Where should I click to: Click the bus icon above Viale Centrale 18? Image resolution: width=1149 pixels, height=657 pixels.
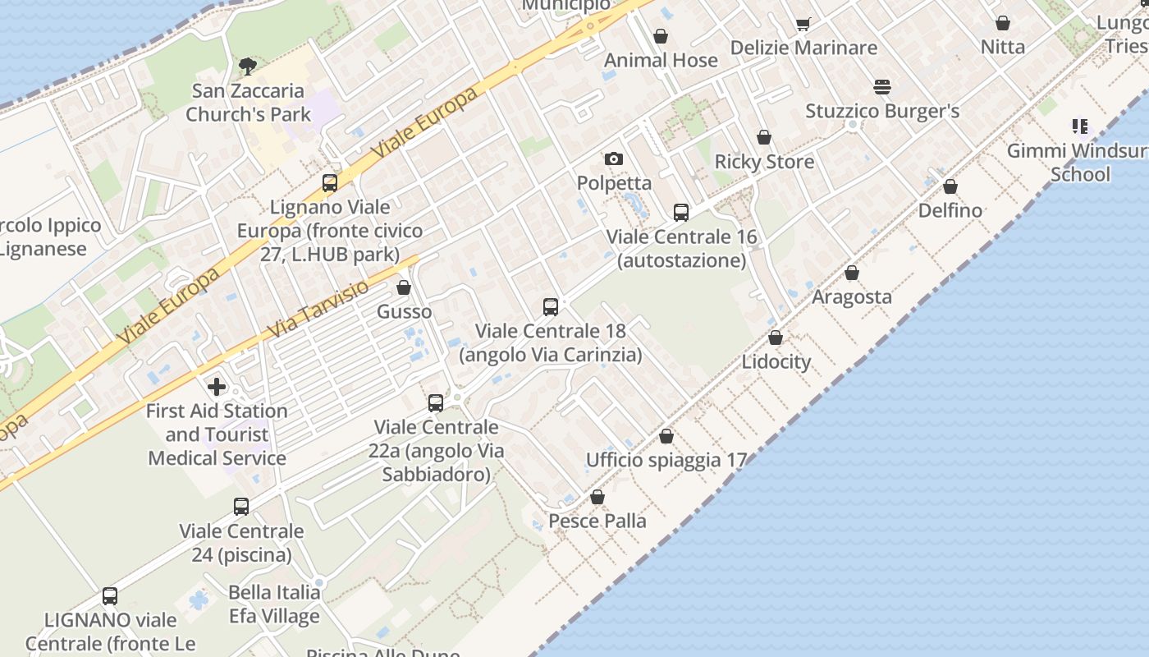coord(551,307)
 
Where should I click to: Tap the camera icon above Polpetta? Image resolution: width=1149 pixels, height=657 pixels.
coord(613,159)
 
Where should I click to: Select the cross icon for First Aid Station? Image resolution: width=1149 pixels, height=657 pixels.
coord(217,386)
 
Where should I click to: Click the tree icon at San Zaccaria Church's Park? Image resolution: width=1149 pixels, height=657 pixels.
coord(247,66)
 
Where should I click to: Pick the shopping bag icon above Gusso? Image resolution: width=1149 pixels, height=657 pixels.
coord(404,287)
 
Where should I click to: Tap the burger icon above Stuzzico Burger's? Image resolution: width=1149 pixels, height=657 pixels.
coord(882,86)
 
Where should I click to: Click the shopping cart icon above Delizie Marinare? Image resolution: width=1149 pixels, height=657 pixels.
coord(803,24)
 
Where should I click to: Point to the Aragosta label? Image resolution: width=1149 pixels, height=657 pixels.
coord(852,297)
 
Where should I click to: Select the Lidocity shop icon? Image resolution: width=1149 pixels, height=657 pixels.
coord(776,338)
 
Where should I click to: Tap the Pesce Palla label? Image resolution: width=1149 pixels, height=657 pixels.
coord(597,521)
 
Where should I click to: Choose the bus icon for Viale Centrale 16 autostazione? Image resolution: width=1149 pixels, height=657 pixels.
coord(681,213)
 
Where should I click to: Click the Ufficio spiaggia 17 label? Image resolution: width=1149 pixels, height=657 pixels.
coord(666,460)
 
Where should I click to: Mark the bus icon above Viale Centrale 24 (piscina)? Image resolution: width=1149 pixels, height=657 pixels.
coord(241,507)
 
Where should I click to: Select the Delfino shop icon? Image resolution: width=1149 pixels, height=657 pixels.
coord(950,186)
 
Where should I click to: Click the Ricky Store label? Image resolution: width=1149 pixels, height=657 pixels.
coord(764,162)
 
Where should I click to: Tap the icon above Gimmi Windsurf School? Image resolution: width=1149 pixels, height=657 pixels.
coord(1080,126)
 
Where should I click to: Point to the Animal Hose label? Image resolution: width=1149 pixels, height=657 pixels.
coord(661,60)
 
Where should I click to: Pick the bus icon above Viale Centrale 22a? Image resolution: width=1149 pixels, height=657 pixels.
coord(436,403)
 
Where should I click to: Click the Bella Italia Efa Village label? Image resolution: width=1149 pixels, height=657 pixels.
coord(274,604)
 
